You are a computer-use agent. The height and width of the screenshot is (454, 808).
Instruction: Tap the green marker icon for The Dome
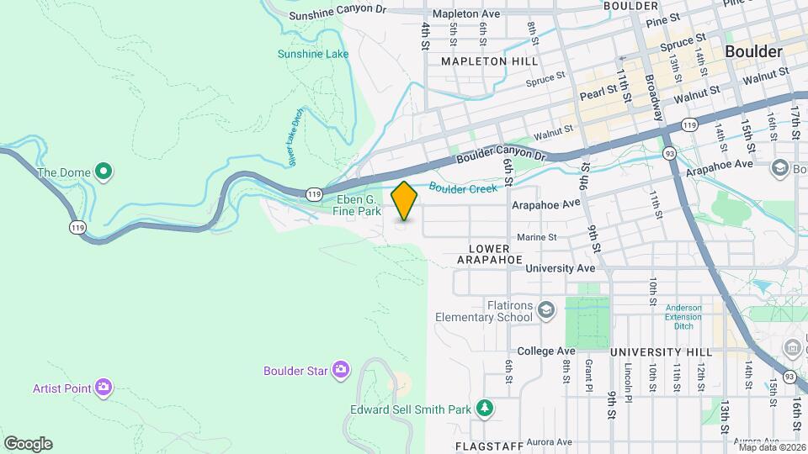104,173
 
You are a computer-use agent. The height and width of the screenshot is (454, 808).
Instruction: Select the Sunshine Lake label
313,55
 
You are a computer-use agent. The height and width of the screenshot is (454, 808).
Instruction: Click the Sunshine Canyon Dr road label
348,15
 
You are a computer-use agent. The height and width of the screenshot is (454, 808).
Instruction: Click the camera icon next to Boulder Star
340,370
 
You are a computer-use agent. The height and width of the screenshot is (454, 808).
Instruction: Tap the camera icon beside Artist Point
104,388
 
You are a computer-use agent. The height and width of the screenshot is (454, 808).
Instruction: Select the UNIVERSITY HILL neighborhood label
657,351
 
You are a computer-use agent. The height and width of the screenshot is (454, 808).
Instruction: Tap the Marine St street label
537,238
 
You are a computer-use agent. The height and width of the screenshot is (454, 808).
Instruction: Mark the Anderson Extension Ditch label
683,311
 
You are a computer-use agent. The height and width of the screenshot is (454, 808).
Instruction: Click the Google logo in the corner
28,443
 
